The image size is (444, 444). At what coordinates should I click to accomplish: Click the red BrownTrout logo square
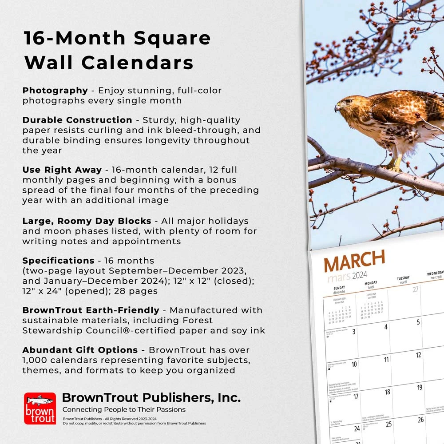[x=40, y=408]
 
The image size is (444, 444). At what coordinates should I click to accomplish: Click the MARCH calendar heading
[x=354, y=262]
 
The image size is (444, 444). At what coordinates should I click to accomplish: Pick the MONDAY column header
[x=371, y=284]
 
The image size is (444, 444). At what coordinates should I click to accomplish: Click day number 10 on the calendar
[x=354, y=364]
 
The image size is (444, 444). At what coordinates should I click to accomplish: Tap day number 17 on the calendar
[x=356, y=396]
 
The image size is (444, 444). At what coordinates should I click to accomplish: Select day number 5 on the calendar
[x=418, y=322]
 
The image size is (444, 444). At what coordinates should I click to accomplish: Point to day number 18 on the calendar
[x=387, y=392]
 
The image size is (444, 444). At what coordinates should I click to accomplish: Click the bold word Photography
[x=55, y=91]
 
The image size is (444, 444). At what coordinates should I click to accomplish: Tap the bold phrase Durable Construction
[x=77, y=120]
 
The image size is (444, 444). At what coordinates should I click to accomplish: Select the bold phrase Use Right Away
[x=62, y=170]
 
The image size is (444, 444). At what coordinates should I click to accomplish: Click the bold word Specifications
[x=58, y=261]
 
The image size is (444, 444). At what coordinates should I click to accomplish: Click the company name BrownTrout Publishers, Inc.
[x=151, y=397]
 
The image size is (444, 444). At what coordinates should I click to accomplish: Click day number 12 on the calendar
[x=418, y=355]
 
